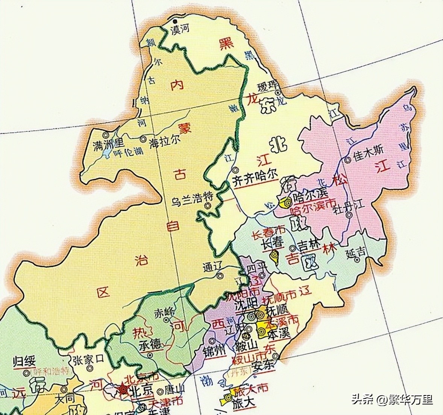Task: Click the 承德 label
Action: point(150,344)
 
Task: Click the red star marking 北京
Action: point(123,389)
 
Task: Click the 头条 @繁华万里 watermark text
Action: point(392,399)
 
